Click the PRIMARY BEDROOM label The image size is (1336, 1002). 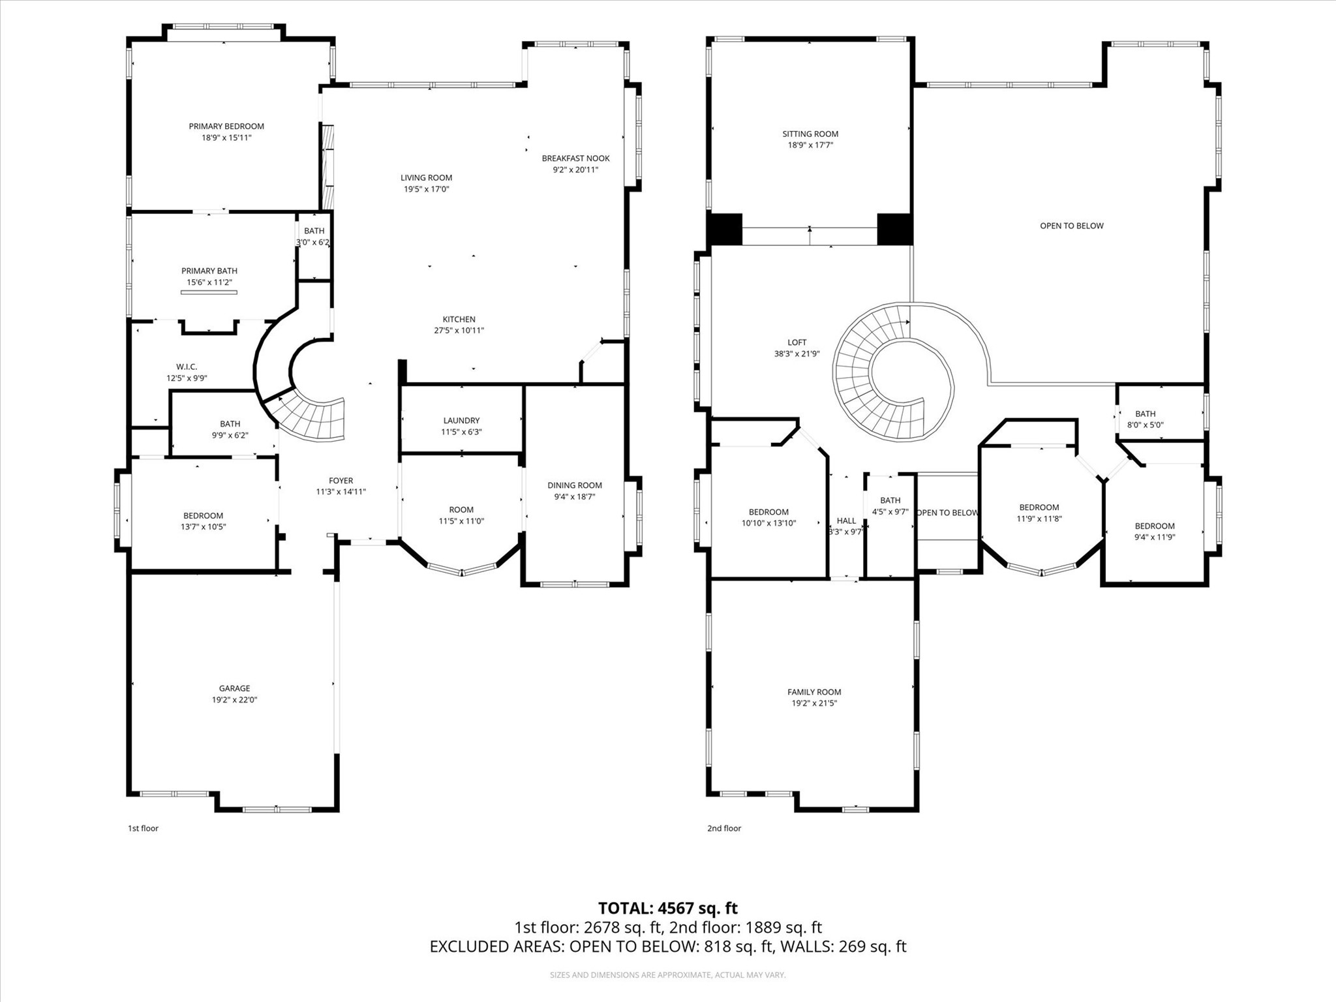tap(226, 127)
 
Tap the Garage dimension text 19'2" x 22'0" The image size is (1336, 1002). tap(234, 700)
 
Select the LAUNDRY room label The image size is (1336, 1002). tap(461, 421)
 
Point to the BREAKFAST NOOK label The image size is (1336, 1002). tap(575, 159)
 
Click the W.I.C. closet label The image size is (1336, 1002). tap(187, 367)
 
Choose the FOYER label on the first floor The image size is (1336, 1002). tap(341, 481)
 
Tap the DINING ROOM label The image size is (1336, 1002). tap(574, 485)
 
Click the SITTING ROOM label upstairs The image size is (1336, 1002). tap(810, 134)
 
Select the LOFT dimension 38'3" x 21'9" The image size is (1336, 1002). tap(797, 354)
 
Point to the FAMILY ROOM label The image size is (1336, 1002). tap(814, 692)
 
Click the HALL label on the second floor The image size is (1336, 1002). tap(846, 521)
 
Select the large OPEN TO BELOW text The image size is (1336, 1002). tap(1071, 226)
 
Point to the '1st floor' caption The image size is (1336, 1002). tap(143, 828)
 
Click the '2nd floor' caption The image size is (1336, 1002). tap(724, 828)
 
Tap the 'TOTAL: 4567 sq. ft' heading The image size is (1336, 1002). tap(667, 908)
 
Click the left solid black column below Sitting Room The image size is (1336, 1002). tap(725, 229)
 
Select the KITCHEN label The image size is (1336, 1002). tap(459, 320)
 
